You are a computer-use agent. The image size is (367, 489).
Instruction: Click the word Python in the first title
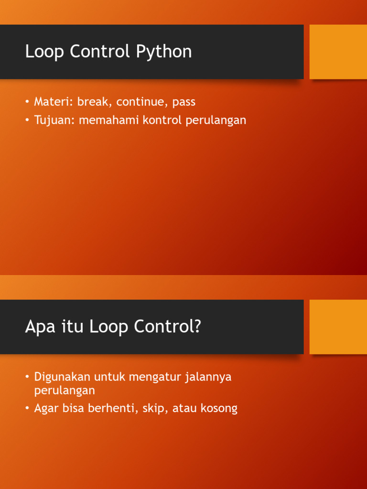point(164,52)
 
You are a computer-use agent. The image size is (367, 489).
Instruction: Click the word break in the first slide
point(95,102)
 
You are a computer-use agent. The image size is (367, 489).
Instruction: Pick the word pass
point(184,103)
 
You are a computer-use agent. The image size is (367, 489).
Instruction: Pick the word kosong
point(219,409)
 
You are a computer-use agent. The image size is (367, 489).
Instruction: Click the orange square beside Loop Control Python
point(338,52)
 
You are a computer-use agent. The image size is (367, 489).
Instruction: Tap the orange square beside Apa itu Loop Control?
point(338,327)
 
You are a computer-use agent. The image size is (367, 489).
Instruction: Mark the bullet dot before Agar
point(27,408)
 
